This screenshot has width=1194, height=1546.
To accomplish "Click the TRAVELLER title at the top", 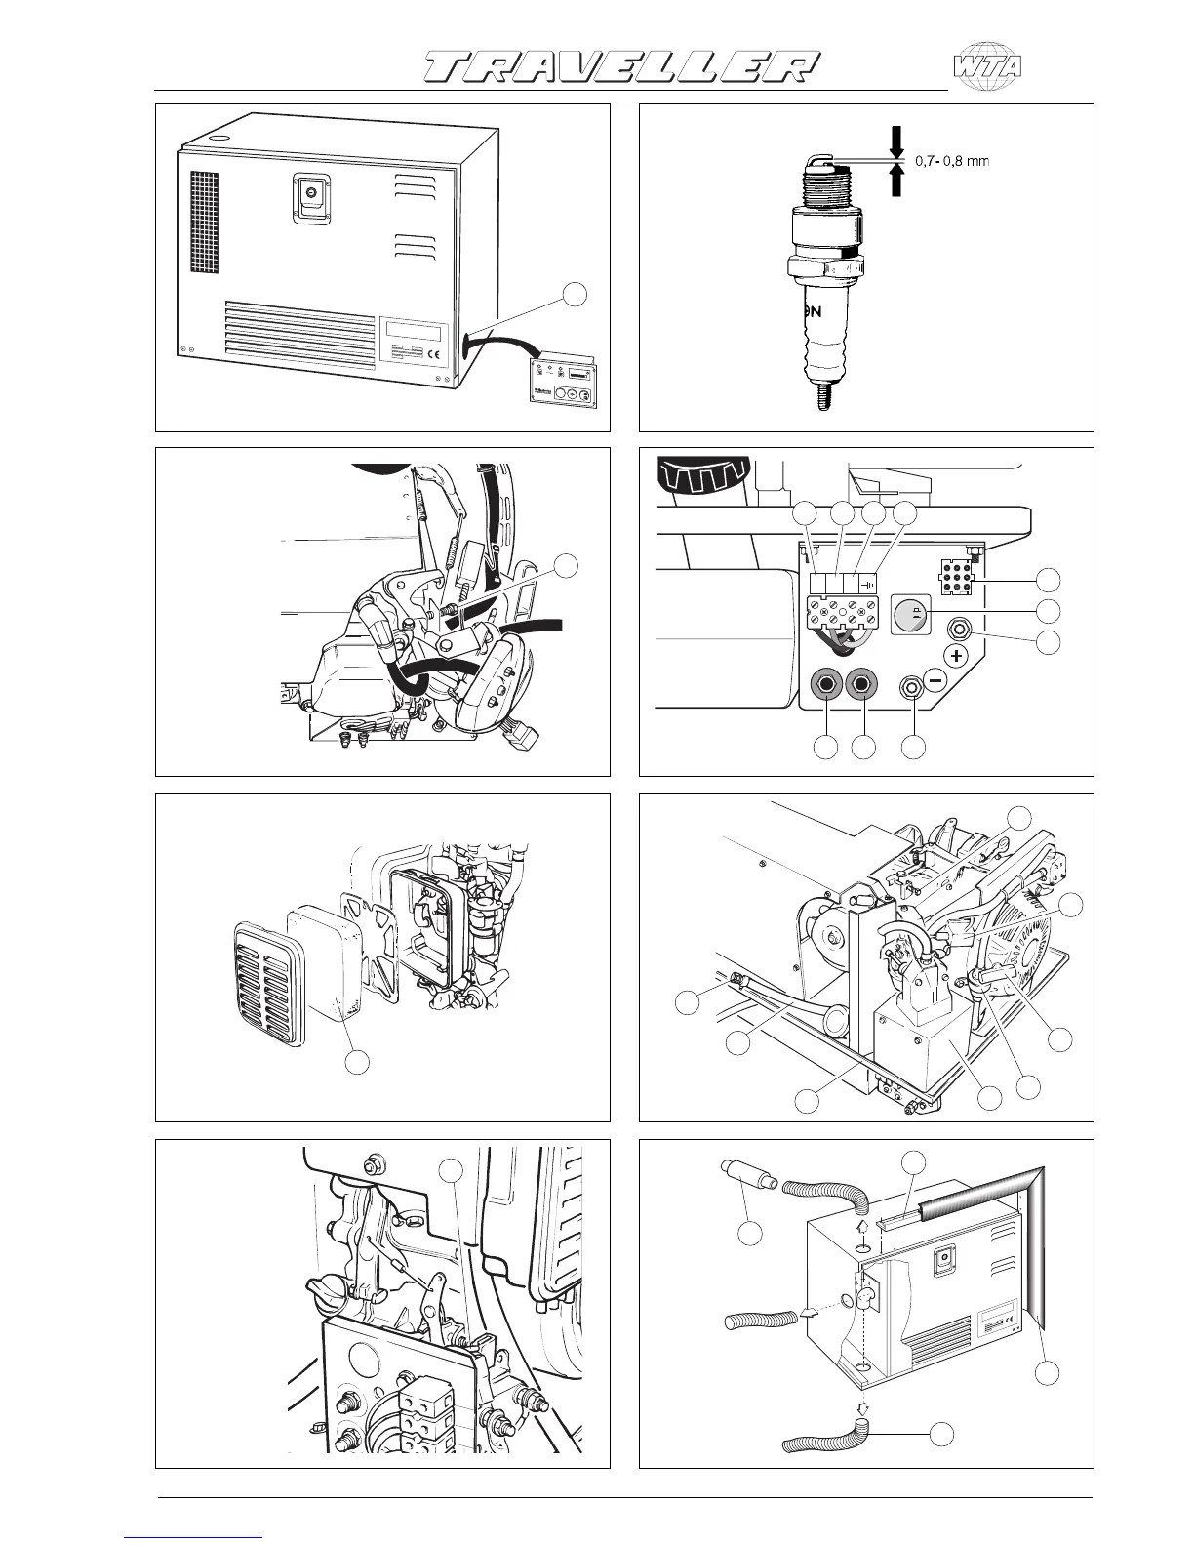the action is (620, 66).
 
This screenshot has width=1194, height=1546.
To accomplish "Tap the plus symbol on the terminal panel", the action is (957, 655).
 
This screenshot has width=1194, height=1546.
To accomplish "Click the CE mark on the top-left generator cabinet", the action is (433, 354).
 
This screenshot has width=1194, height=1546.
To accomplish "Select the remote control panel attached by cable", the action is (564, 383).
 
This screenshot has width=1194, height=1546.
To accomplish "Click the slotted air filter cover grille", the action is (263, 973).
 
